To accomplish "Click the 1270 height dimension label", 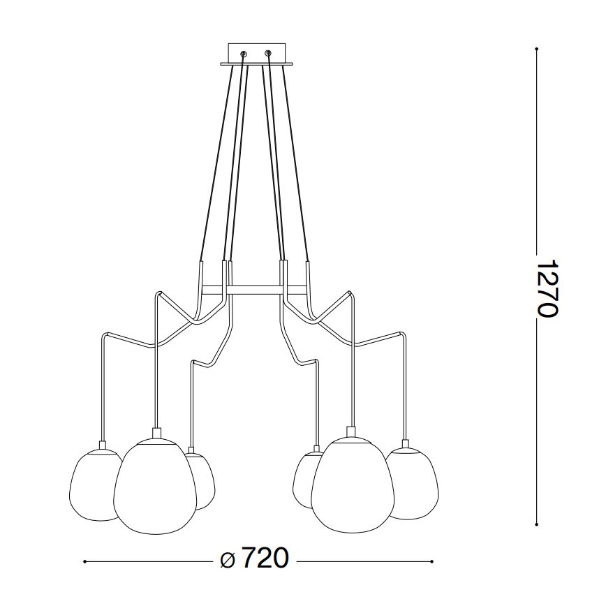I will tap(548, 288).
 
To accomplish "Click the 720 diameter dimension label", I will tap(265, 559).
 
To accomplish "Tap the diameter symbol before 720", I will tap(227, 560).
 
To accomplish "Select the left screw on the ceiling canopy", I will tap(244, 53).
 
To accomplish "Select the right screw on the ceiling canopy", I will tap(267, 53).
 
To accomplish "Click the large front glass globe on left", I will tap(155, 485).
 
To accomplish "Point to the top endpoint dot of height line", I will tap(536, 49).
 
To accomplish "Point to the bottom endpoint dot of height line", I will tap(536, 524).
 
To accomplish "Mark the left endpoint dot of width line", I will tap(84, 561).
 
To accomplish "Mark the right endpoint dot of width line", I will tap(433, 561).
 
